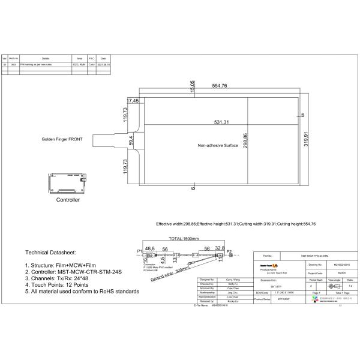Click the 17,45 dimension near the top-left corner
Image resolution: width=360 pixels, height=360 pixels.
coord(133,100)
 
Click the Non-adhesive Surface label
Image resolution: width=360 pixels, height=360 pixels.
coord(218,145)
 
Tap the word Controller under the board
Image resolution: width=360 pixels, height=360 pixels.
coord(67,199)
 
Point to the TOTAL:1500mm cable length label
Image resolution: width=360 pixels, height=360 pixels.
coord(184,239)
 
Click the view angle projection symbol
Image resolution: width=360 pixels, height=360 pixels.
coord(335,287)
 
